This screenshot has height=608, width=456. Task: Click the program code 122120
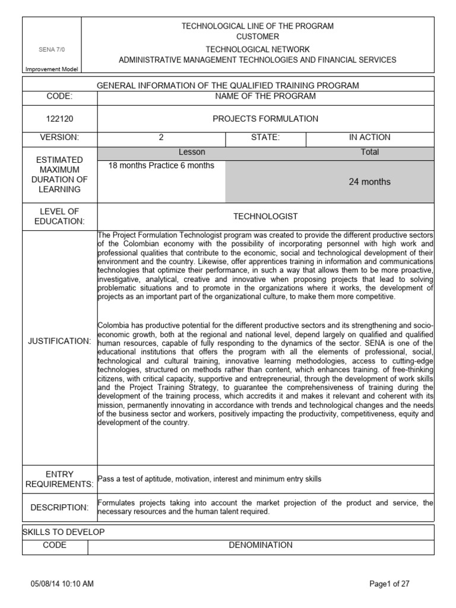point(59,119)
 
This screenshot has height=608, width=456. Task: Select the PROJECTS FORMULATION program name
point(265,119)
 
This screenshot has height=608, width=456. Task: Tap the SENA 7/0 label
point(51,50)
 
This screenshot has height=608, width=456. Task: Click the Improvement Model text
point(51,69)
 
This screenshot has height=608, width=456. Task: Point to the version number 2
point(161,138)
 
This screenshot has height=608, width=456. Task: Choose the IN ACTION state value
point(369,138)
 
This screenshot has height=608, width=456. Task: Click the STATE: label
point(265,138)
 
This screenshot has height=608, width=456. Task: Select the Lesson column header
point(191,153)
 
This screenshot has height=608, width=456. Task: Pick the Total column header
point(369,153)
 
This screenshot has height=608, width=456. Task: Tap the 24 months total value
point(369,182)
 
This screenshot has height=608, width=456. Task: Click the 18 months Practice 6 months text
point(161,166)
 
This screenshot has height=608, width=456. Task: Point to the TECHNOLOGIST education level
point(265,216)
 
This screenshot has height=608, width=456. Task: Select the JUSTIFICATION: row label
point(59,341)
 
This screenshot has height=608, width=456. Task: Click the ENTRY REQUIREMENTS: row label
point(59,479)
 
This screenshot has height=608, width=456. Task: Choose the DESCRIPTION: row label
point(59,508)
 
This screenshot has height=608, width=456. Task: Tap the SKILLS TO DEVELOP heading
point(64,532)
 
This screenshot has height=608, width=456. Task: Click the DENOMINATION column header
point(261,545)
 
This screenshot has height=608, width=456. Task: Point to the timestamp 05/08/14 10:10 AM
point(62,584)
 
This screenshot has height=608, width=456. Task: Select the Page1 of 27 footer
point(389,584)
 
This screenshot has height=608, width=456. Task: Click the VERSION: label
point(59,138)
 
